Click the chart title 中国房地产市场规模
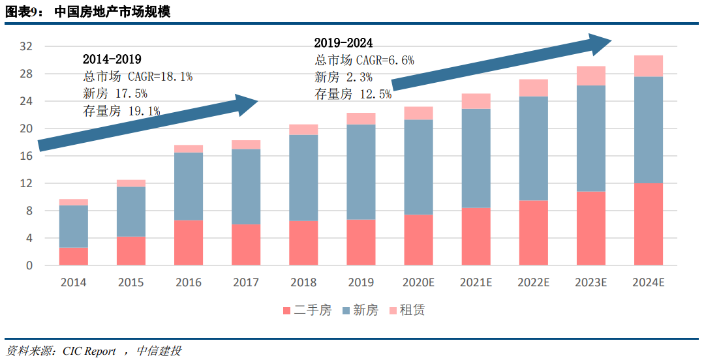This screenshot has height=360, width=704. coord(112,11)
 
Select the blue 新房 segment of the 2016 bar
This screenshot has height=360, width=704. coord(189,186)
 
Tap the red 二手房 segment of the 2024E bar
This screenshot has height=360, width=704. coord(648,224)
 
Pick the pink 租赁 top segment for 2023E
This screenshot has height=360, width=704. coord(590,76)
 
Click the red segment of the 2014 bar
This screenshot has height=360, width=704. coord(74,256)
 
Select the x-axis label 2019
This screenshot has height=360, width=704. coord(361,282)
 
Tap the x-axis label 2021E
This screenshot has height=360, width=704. coord(476,282)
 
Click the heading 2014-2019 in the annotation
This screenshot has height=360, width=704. coord(112,59)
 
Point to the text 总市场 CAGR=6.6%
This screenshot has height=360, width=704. coord(364,60)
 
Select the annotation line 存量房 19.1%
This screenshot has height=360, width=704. coord(121,111)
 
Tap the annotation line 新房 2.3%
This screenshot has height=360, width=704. coord(344,77)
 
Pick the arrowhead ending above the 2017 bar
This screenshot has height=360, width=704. coord(248,105)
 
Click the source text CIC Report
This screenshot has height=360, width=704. coord(89,351)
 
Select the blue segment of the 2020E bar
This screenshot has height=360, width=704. coord(418,167)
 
